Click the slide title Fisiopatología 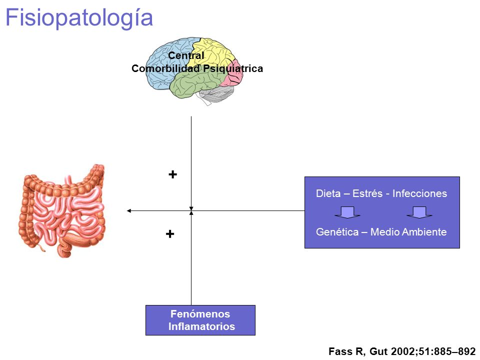[79, 18]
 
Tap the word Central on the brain [186, 55]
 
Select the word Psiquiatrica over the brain [233, 68]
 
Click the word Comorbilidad [165, 68]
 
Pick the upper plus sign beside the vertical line [172, 174]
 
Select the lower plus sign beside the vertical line [170, 234]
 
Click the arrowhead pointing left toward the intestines [129, 210]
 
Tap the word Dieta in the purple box [328, 193]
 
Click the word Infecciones [419, 193]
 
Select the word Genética [337, 231]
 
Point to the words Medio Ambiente [408, 231]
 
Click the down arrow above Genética [347, 212]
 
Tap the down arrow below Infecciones [419, 212]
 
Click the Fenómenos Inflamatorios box [200, 320]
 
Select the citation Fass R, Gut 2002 [402, 351]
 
